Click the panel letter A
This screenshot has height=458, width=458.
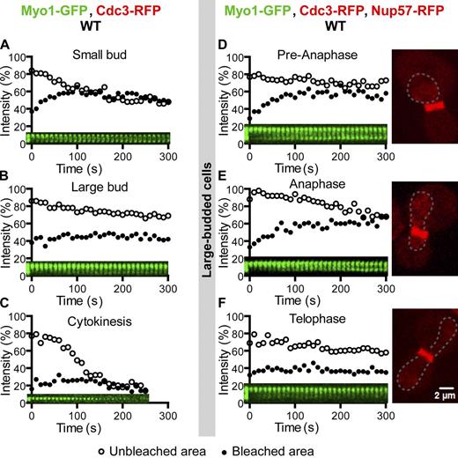[x=6, y=44]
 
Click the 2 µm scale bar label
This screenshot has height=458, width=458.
[x=439, y=397]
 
